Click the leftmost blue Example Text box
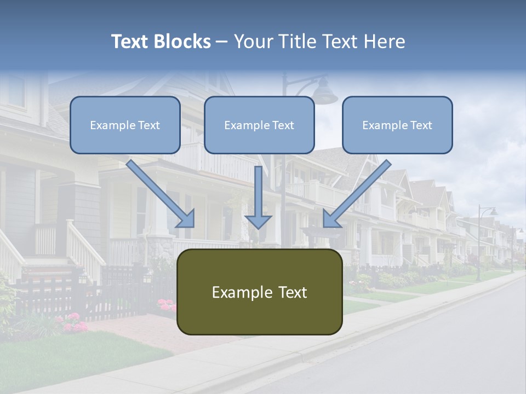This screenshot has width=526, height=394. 125,125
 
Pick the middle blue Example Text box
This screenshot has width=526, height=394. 259,125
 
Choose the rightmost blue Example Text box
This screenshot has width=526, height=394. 397,125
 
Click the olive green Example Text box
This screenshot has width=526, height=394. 259,292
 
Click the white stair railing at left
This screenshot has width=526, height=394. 85,249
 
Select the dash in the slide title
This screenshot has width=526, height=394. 222,42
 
